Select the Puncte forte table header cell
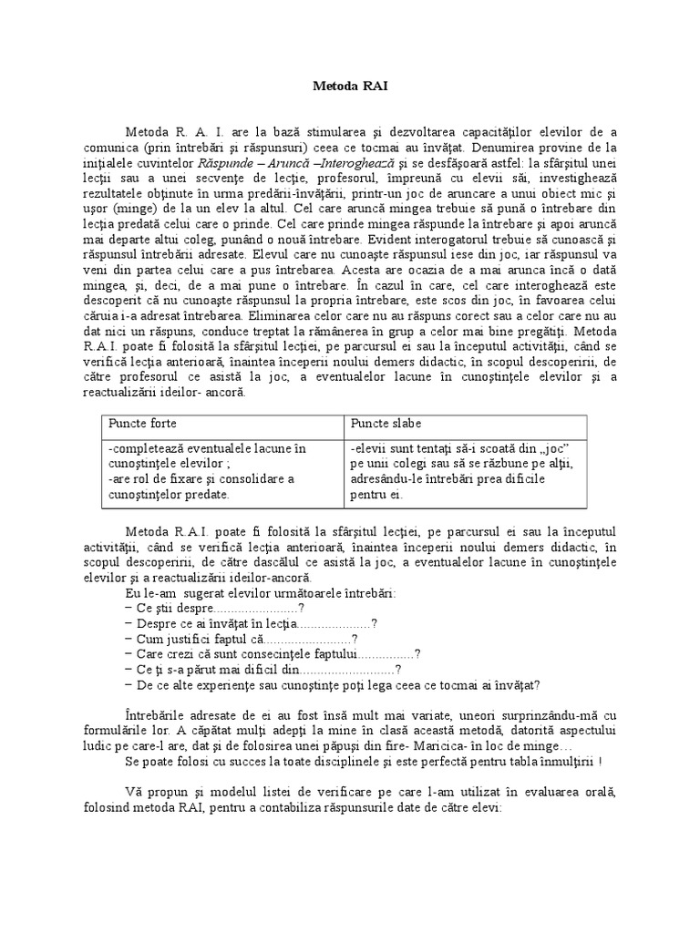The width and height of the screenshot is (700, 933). point(143,425)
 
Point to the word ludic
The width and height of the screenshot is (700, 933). point(117,743)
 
